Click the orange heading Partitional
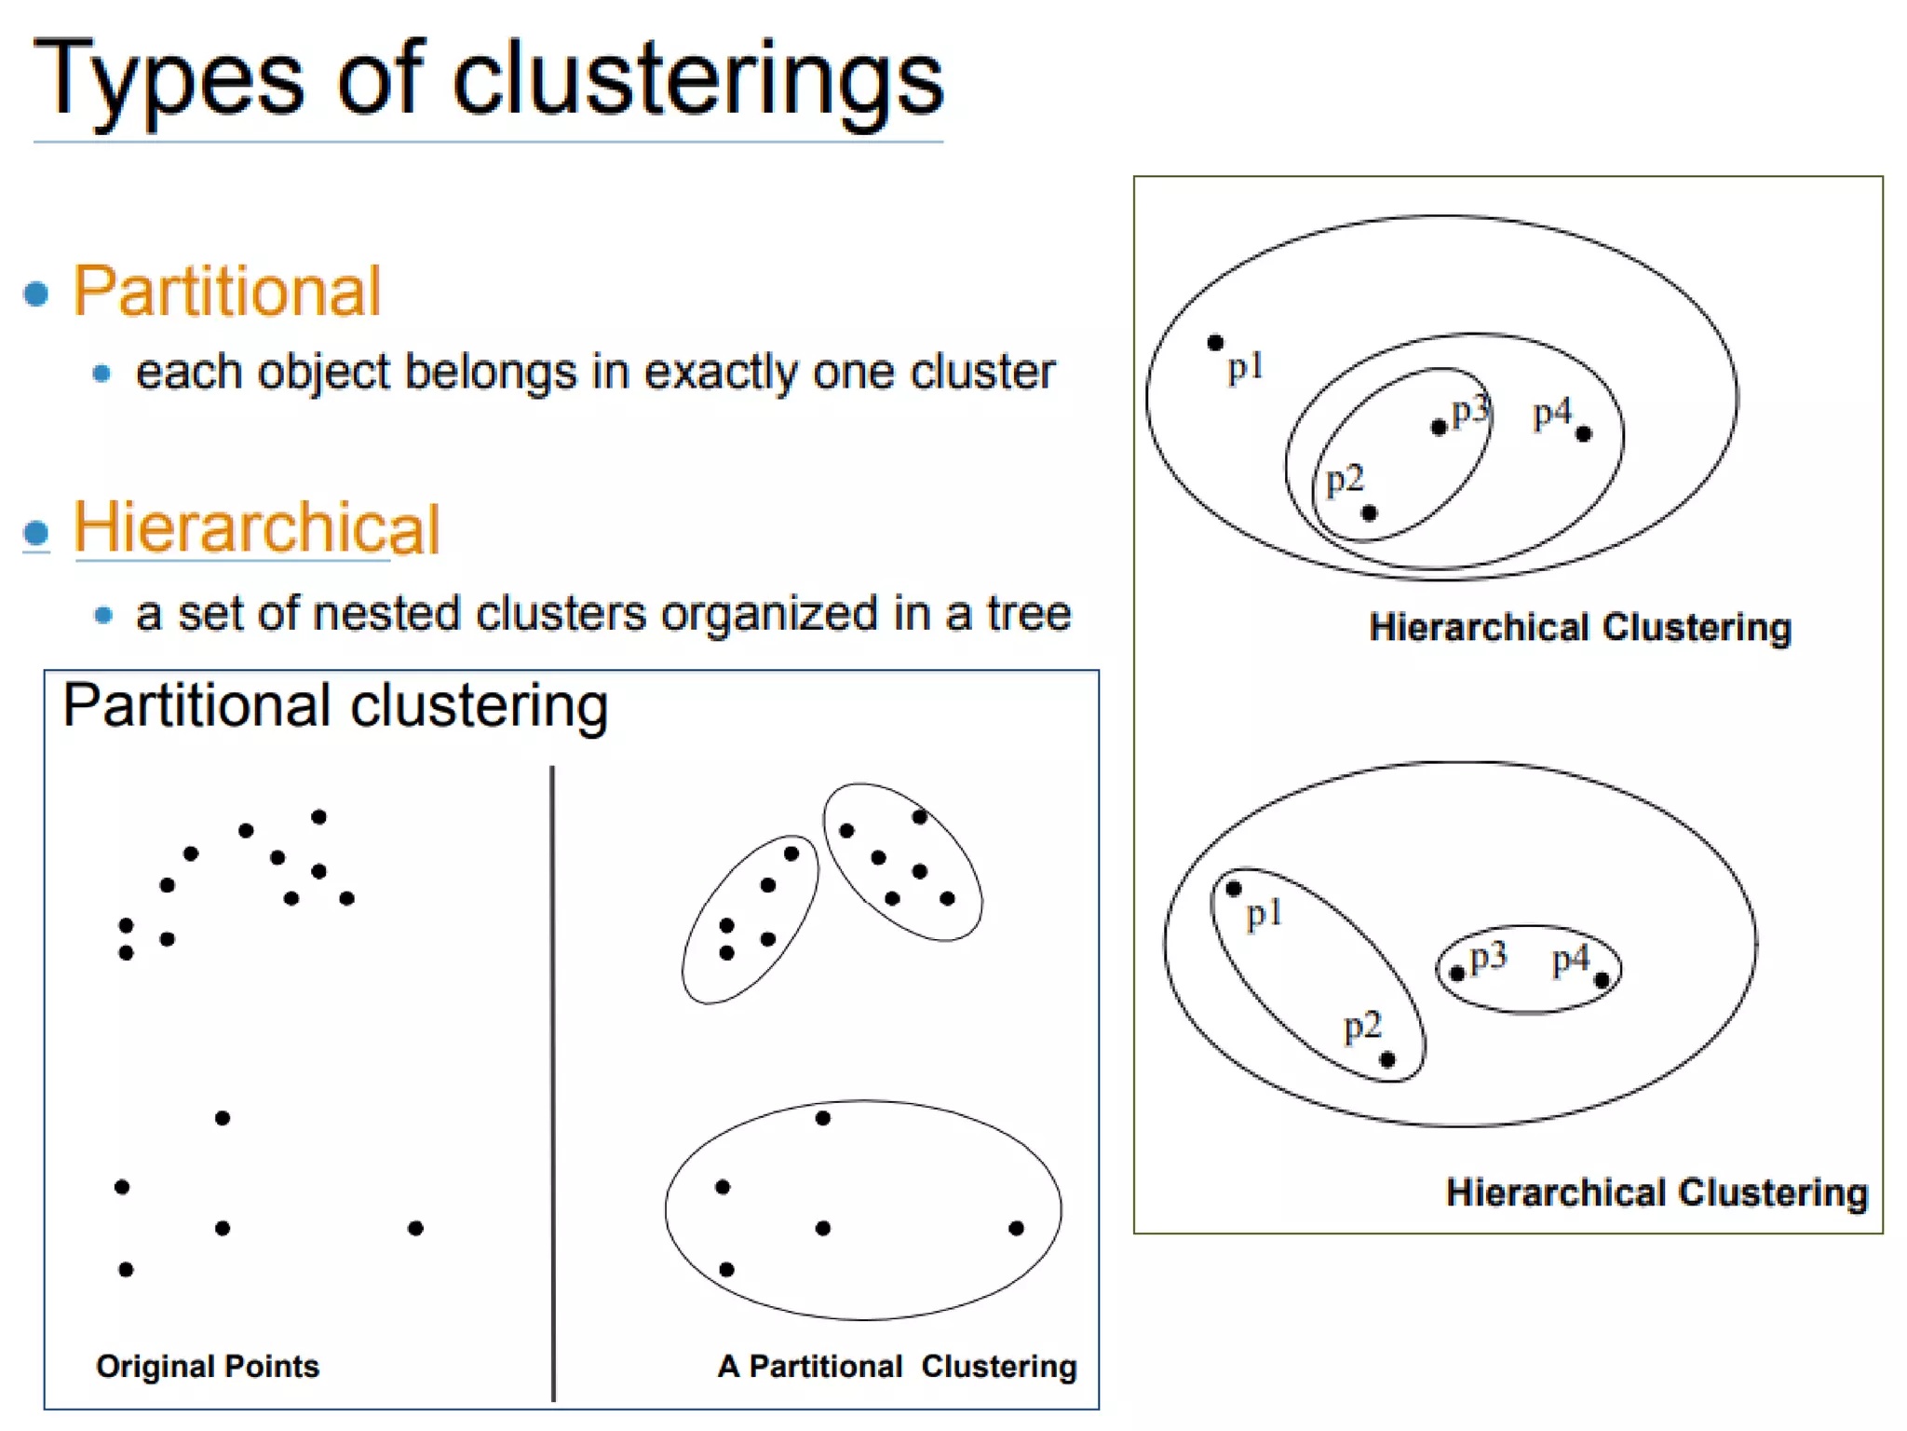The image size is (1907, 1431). pyautogui.click(x=227, y=292)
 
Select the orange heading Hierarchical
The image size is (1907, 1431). pyautogui.click(x=256, y=528)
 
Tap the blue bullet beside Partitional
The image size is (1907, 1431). pyautogui.click(x=36, y=294)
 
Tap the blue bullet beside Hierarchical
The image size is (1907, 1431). pyautogui.click(x=36, y=533)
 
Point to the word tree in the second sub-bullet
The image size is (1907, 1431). pyautogui.click(x=1029, y=614)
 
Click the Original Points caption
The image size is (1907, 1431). pyautogui.click(x=208, y=1366)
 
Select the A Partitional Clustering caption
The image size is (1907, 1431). pyautogui.click(x=897, y=1366)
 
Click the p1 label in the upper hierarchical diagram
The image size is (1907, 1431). pyautogui.click(x=1246, y=368)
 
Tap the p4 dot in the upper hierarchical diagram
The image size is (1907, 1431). pyautogui.click(x=1584, y=433)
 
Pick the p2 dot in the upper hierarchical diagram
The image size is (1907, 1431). pyautogui.click(x=1369, y=513)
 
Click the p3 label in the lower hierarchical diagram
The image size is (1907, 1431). pyautogui.click(x=1488, y=957)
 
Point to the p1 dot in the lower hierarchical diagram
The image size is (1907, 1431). pyautogui.click(x=1234, y=889)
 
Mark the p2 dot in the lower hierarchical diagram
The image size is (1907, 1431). pyautogui.click(x=1387, y=1060)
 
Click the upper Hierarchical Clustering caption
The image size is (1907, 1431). pyautogui.click(x=1580, y=628)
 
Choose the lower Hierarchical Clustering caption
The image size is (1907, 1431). pyautogui.click(x=1657, y=1192)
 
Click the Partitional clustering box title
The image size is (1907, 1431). pyautogui.click(x=335, y=706)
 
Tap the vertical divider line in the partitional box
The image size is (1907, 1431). pyautogui.click(x=553, y=1081)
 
